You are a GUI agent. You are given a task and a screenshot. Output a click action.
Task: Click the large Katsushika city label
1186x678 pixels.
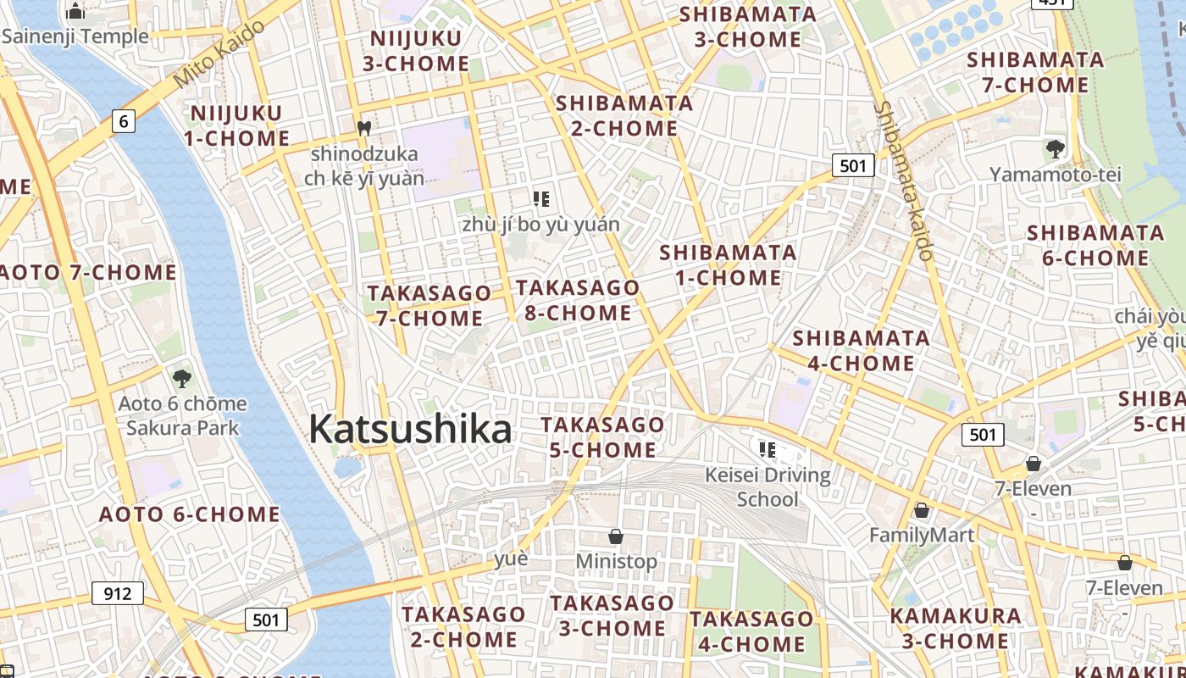pos(410,430)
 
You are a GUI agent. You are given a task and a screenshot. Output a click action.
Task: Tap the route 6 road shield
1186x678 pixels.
pos(124,121)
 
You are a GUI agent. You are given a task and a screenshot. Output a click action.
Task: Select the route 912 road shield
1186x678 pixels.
pos(117,593)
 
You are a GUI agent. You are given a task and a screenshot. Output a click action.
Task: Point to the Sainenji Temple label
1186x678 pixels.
pos(75,36)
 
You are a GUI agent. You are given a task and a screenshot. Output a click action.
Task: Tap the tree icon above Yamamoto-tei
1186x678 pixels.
pos(1055,150)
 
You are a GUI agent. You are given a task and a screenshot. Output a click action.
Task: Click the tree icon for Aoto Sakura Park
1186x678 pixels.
pos(181,378)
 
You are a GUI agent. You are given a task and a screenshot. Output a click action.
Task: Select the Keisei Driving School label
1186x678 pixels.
pos(768,486)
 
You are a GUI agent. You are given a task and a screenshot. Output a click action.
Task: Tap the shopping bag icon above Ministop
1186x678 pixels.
pos(616,536)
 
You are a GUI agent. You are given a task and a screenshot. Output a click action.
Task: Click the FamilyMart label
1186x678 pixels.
pos(922,535)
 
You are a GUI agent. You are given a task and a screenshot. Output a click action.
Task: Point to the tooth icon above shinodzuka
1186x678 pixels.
pos(364,129)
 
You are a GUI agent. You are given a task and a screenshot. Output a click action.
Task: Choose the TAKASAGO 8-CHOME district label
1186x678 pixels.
pos(578,300)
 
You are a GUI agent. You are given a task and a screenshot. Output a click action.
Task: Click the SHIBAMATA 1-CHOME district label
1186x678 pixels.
pos(728,264)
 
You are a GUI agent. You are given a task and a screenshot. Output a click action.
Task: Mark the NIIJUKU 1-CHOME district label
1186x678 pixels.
pos(236,125)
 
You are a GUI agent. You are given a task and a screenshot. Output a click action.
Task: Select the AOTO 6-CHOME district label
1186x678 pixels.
pos(189,514)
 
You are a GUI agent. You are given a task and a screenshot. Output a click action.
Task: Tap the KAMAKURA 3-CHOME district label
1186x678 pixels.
pos(956,628)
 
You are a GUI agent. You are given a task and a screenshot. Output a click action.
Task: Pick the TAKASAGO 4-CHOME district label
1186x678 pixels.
pos(751,631)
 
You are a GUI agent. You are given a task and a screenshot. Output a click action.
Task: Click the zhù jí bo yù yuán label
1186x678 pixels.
pos(540,225)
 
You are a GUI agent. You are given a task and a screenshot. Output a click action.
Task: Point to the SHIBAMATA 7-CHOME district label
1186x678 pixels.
pos(1035,72)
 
